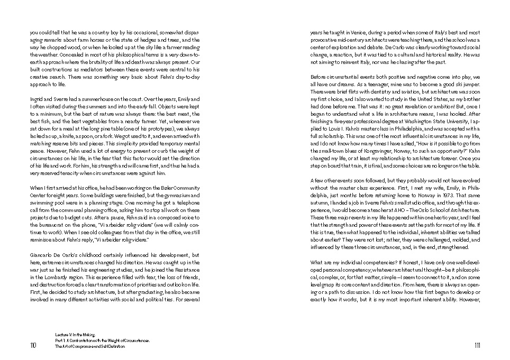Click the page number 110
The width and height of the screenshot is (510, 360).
[x=33, y=346]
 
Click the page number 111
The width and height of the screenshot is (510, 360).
[x=477, y=346]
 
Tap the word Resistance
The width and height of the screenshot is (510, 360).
[x=185, y=270]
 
